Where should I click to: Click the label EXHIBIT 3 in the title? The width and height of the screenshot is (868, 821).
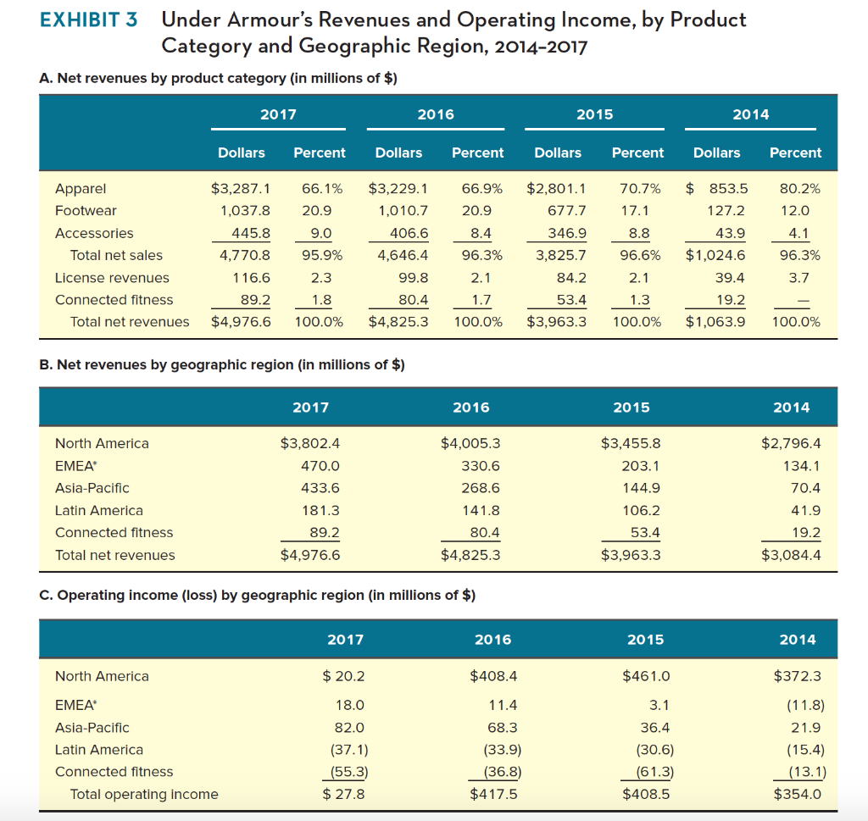tap(88, 20)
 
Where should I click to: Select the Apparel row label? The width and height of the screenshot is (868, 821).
tap(81, 188)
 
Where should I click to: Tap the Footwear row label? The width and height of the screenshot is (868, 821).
tap(86, 210)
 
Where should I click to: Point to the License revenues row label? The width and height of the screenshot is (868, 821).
tap(112, 278)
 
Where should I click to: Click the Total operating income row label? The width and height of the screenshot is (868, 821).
tap(144, 794)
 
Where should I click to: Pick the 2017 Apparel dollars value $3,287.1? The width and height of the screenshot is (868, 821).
tap(240, 188)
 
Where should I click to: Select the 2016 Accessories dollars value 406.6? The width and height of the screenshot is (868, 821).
tap(408, 233)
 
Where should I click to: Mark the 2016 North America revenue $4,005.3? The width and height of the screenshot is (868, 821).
tap(470, 443)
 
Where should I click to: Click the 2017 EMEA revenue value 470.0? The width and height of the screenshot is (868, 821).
tap(320, 466)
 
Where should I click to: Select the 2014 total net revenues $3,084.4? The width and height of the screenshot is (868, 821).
tap(791, 555)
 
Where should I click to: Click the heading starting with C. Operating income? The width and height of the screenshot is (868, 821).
tap(257, 595)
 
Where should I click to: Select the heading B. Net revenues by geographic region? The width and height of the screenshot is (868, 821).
tap(222, 365)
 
